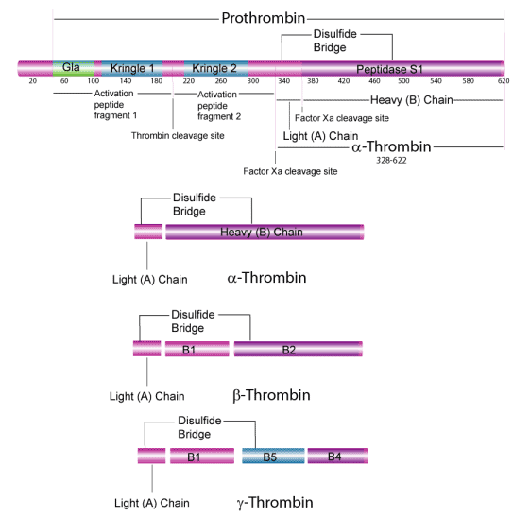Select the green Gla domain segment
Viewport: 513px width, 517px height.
[72, 68]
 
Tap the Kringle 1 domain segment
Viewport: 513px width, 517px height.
[133, 68]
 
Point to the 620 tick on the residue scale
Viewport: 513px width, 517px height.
[503, 82]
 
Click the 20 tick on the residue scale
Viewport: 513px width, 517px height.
[32, 82]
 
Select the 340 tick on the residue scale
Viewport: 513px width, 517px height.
[284, 82]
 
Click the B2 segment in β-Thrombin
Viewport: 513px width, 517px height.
[289, 350]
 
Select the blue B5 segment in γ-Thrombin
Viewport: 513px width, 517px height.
[270, 457]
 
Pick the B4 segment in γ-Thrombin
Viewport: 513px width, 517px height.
[335, 457]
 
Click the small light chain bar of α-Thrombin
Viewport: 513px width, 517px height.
[147, 233]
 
